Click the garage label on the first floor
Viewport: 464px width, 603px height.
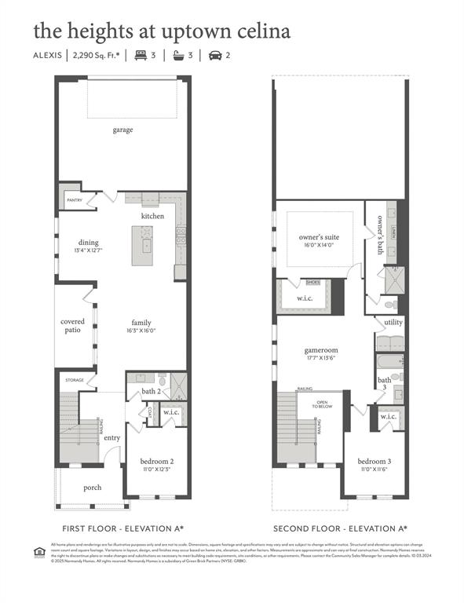pyautogui.click(x=122, y=130)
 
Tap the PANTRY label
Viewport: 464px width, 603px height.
pyautogui.click(x=74, y=200)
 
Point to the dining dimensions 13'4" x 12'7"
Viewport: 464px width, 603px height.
pyautogui.click(x=89, y=251)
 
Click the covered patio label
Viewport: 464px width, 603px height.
pyautogui.click(x=73, y=327)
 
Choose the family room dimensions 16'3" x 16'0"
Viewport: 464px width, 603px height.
pyautogui.click(x=141, y=331)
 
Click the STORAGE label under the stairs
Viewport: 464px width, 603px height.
pyautogui.click(x=75, y=380)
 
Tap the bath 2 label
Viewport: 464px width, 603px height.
pyautogui.click(x=152, y=392)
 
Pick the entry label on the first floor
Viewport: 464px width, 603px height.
pyautogui.click(x=112, y=437)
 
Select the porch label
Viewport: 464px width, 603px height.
pyautogui.click(x=93, y=488)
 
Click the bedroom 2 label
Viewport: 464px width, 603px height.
pyautogui.click(x=156, y=461)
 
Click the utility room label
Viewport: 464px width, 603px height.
pyautogui.click(x=393, y=322)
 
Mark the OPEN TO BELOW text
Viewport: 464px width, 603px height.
pyautogui.click(x=323, y=406)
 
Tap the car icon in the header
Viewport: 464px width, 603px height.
pyautogui.click(x=214, y=55)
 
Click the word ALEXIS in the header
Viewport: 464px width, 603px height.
pyautogui.click(x=47, y=55)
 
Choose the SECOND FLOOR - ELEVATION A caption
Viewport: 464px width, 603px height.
pyautogui.click(x=339, y=528)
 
